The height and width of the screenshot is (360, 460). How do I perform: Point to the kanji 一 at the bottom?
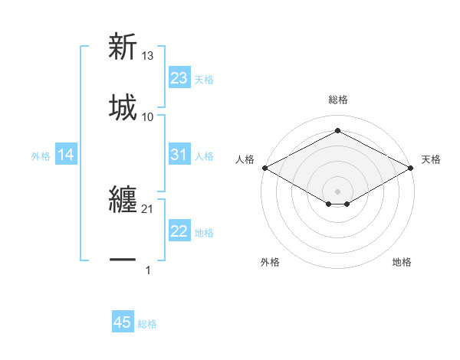click(123, 260)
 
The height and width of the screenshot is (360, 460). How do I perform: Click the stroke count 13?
click(148, 56)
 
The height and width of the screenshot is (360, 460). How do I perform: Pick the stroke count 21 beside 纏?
click(148, 209)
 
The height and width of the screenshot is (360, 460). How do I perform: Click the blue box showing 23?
click(179, 78)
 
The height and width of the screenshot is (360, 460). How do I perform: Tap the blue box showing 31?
click(179, 155)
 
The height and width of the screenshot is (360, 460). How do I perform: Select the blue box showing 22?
click(179, 231)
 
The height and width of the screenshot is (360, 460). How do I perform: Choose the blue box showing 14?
click(66, 155)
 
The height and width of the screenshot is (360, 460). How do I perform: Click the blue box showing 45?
click(123, 322)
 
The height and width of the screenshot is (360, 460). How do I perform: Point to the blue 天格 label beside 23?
click(204, 79)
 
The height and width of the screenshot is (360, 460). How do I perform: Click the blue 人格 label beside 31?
click(204, 155)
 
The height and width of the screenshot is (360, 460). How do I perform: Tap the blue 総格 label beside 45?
click(147, 323)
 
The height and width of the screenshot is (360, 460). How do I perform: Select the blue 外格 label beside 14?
click(41, 156)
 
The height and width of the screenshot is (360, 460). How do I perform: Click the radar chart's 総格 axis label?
click(337, 100)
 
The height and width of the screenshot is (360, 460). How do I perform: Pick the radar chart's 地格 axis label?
click(402, 262)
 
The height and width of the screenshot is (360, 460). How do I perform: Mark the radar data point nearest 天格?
click(412, 168)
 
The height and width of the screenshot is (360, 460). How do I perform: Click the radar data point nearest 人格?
click(264, 168)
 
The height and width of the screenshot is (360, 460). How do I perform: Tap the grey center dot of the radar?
click(337, 191)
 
